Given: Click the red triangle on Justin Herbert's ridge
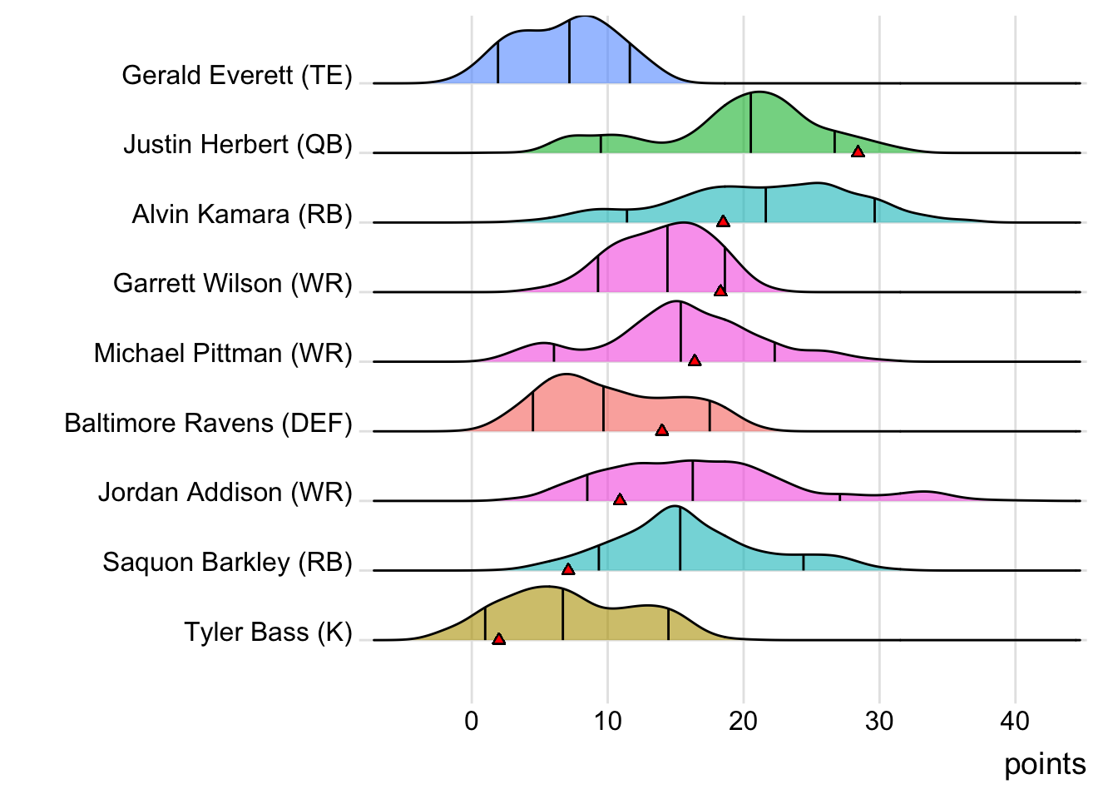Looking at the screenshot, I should coord(858,151).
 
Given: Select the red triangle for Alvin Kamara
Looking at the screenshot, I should coord(723,221).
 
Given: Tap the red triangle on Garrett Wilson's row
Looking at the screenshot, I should coord(720,290).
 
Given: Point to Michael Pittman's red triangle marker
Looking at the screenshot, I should coord(695,360).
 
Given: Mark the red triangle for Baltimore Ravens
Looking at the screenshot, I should coord(661,429).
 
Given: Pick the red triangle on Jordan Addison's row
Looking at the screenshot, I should coord(620,499).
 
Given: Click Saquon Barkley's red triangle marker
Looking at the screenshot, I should coord(568,569).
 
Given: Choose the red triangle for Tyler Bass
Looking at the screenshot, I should coord(498,639).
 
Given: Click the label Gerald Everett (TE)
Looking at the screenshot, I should coord(237,76).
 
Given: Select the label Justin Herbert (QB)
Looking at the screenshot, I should coord(238,145).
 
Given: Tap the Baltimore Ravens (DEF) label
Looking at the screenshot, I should coord(209,424).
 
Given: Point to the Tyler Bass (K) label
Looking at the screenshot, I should coord(269,633).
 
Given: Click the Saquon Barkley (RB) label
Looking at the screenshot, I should coord(228,563).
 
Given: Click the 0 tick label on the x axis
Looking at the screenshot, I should coord(472,721).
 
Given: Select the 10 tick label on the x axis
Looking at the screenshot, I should coord(607,721).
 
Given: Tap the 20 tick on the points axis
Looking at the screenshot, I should coord(743,721).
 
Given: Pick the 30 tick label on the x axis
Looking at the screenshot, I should coord(879,721).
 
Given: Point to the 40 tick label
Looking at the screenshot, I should coord(1015,721).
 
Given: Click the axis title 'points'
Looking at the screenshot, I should coord(1045,764).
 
